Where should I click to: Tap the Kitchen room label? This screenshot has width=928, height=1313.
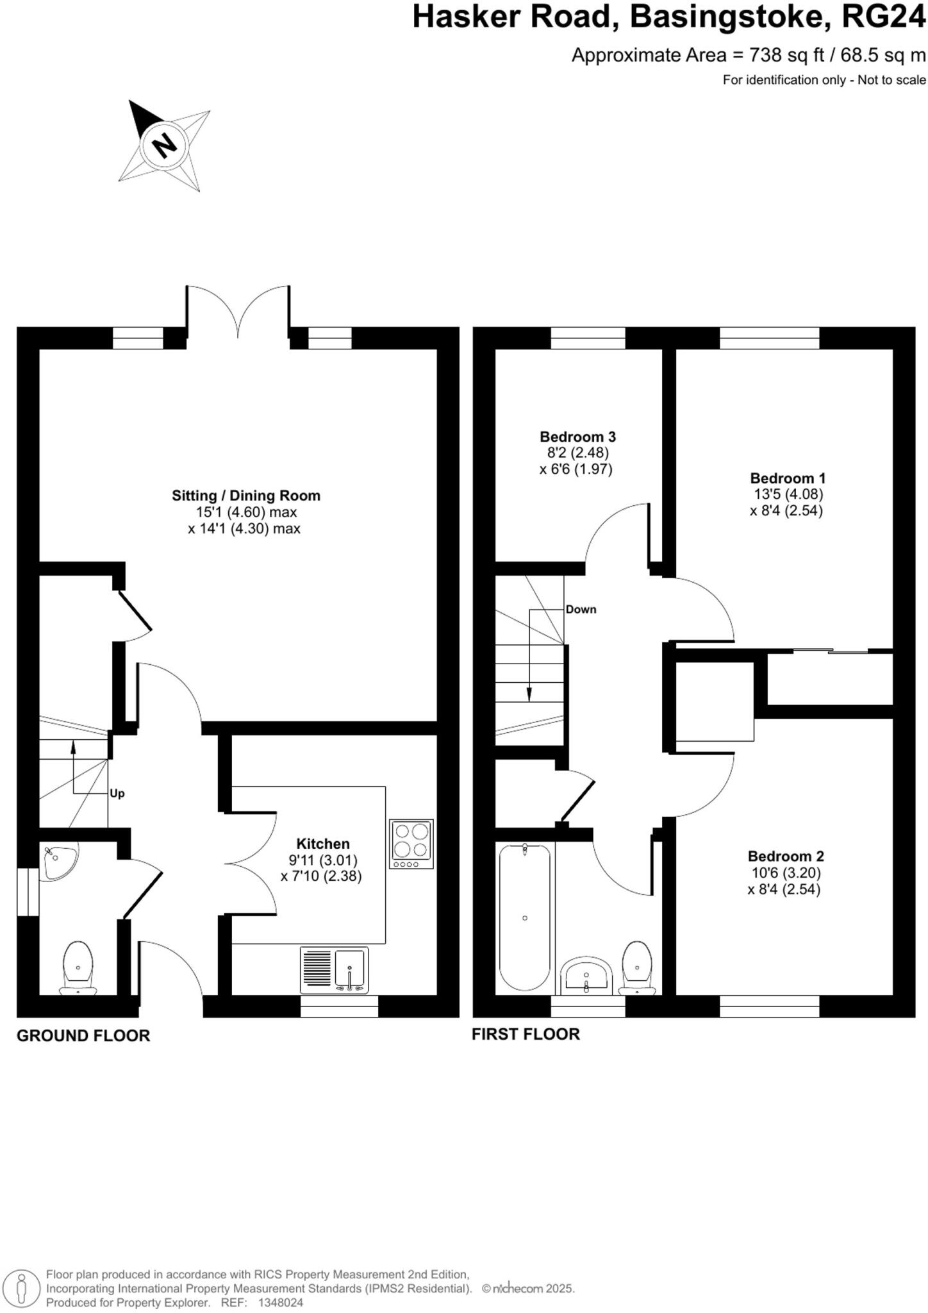point(322,844)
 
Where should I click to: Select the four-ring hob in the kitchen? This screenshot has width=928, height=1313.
point(411,844)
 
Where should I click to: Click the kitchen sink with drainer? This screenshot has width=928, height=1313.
point(335,971)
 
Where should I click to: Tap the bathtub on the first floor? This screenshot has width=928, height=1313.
point(524,917)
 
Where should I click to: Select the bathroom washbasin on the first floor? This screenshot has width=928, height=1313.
point(586,977)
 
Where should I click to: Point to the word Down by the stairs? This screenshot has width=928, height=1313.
point(581,610)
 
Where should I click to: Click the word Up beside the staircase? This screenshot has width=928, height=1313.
point(117,794)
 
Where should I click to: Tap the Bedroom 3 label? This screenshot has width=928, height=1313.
point(577,437)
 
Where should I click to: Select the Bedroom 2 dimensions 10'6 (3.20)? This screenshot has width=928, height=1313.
point(785,873)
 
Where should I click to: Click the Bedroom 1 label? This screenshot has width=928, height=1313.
point(788,478)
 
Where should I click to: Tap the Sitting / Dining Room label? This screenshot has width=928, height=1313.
point(245,496)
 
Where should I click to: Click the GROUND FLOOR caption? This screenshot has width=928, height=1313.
point(83,1035)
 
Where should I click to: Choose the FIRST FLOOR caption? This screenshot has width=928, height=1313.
point(526,1034)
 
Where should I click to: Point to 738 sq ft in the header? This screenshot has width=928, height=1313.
point(787,55)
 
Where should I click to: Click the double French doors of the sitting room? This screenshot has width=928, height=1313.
point(238,314)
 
